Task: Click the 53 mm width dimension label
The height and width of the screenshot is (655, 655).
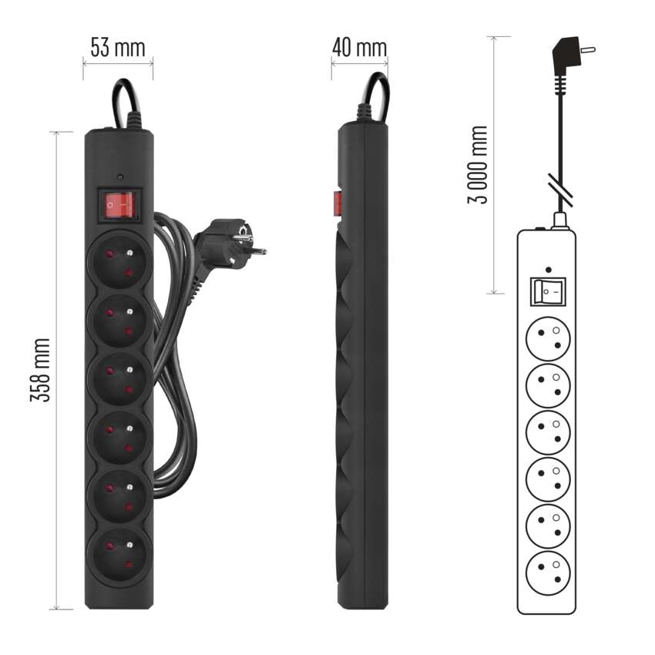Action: [118, 48]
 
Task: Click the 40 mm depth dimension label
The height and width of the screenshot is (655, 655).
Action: [359, 48]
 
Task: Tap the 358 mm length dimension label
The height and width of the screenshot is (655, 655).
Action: [41, 370]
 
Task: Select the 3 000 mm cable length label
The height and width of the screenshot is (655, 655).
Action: [478, 164]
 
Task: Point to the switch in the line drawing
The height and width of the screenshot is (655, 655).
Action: [548, 291]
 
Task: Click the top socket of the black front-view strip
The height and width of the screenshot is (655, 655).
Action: [120, 262]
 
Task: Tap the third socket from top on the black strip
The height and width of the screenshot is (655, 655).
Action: [120, 378]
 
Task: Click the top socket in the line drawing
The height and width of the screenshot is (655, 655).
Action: [548, 338]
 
